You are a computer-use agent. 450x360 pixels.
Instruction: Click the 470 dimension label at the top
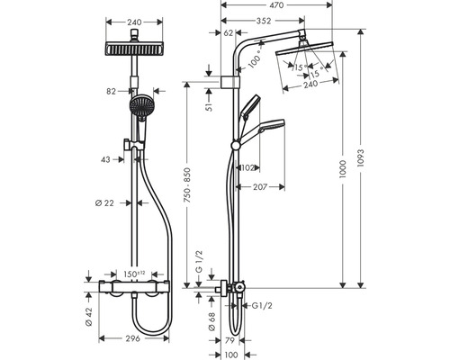(276, 4)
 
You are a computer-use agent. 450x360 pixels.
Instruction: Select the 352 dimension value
(264, 21)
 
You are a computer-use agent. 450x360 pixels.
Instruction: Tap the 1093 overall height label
(360, 158)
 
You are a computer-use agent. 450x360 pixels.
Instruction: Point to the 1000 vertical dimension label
(343, 169)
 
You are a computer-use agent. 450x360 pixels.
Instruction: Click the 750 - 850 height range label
(187, 185)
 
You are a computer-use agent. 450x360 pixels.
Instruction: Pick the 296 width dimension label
(132, 338)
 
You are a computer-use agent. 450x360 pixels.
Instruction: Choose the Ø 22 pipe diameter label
(104, 203)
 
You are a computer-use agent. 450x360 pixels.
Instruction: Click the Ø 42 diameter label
(88, 317)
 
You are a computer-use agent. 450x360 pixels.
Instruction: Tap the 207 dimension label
(260, 187)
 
